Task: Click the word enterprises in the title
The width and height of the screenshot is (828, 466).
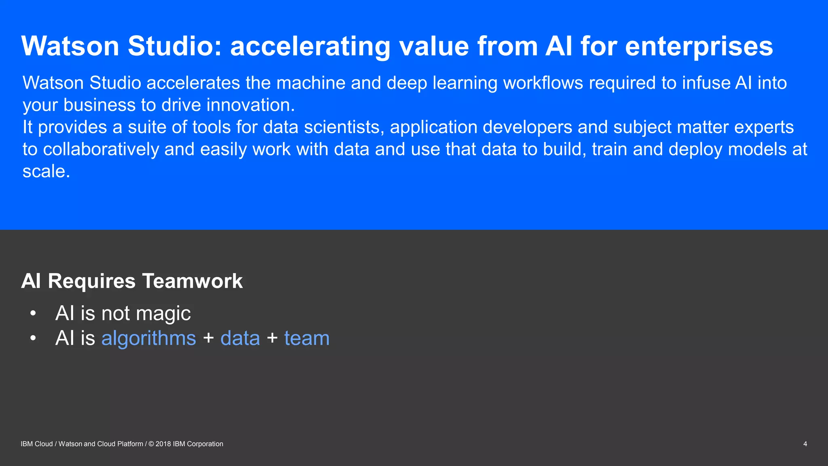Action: (x=699, y=47)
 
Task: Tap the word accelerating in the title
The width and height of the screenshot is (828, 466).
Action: (x=310, y=47)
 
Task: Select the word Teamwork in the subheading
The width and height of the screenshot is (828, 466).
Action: (x=192, y=281)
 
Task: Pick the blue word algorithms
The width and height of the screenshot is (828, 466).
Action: (x=148, y=338)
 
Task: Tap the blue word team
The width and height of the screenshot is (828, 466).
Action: (x=307, y=338)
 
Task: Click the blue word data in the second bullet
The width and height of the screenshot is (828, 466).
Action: (x=240, y=338)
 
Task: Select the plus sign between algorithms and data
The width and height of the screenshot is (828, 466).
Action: (x=209, y=338)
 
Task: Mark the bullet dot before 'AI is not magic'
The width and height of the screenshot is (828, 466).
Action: (x=33, y=313)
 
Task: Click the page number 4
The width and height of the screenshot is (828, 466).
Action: (x=805, y=444)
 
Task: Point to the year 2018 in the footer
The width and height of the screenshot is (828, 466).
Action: (x=163, y=444)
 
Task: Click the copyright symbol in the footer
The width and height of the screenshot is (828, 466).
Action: (x=151, y=444)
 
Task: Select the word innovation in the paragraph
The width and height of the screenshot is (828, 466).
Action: (x=251, y=105)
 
